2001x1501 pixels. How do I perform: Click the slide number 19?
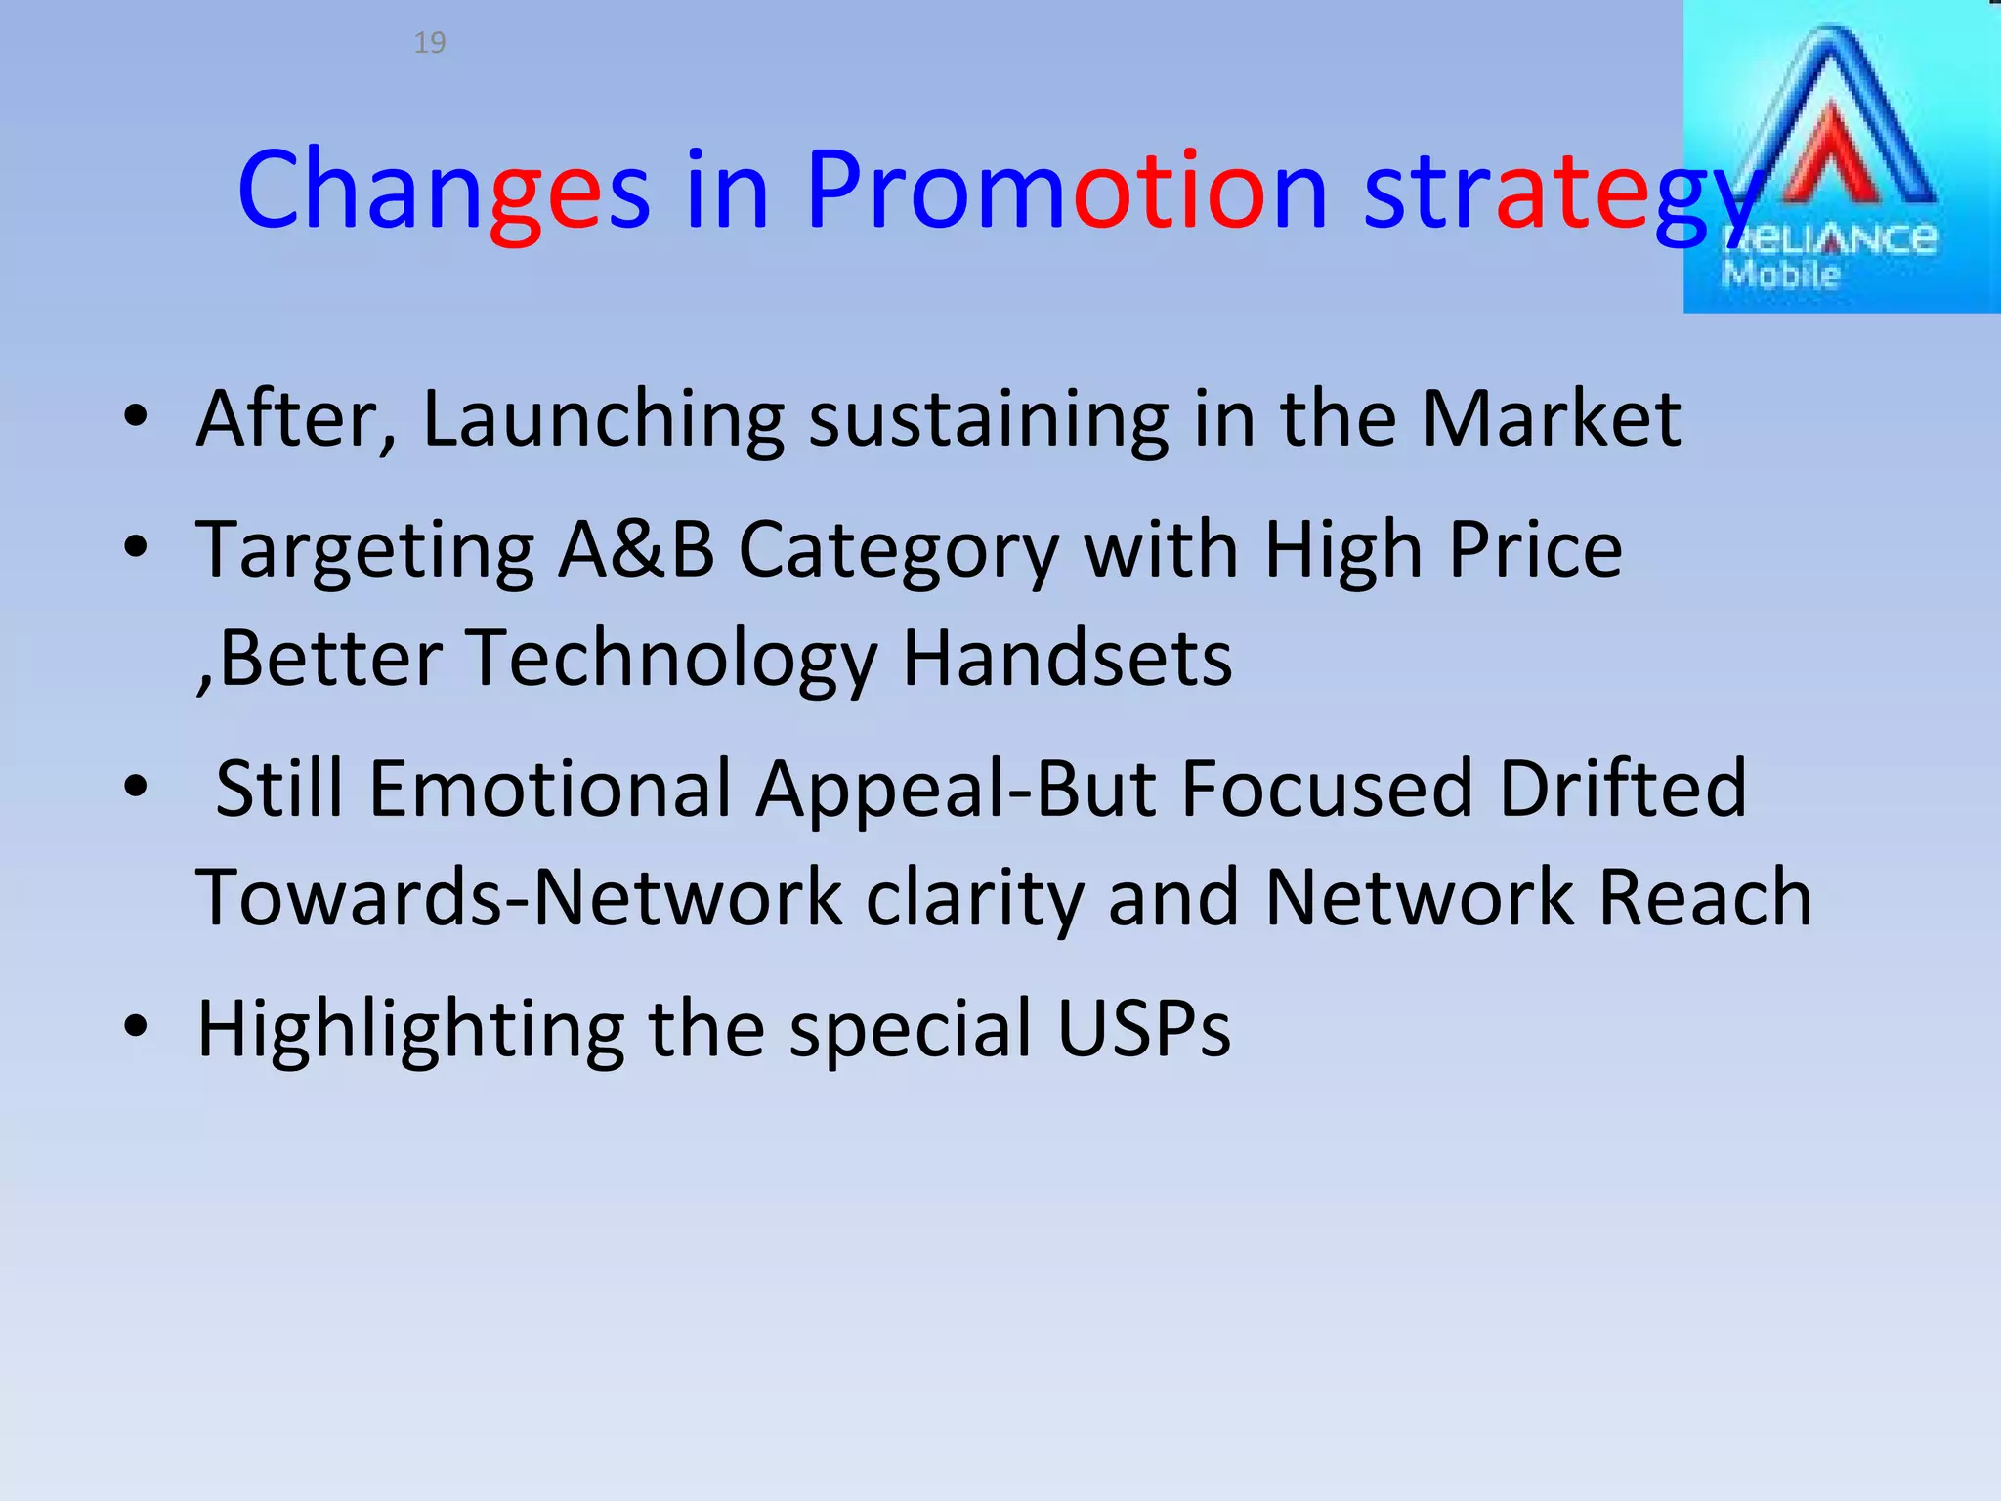[430, 43]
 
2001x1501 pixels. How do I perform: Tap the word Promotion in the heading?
[1066, 190]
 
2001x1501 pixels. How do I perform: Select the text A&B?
[636, 550]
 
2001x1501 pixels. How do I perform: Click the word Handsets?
[1067, 659]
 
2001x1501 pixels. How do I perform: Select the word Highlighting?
[411, 1030]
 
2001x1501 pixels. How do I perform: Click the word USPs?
[1144, 1028]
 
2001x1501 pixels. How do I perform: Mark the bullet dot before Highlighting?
[136, 1027]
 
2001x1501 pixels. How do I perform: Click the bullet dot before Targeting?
[136, 548]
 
